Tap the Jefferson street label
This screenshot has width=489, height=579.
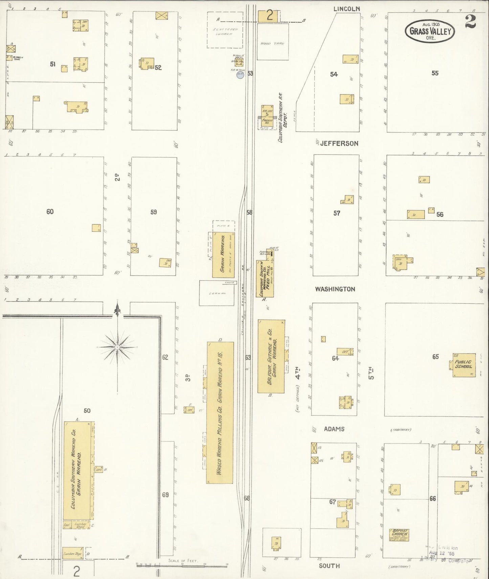click(x=339, y=144)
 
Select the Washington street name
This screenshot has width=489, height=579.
click(x=335, y=289)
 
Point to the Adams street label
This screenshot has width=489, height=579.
click(x=334, y=429)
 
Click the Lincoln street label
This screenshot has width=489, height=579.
click(x=347, y=9)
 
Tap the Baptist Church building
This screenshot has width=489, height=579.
click(x=399, y=535)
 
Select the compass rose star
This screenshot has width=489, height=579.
click(x=117, y=347)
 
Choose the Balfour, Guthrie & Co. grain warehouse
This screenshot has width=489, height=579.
click(x=271, y=356)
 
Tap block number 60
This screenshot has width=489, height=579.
click(x=50, y=212)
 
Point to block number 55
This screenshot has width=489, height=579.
click(x=435, y=73)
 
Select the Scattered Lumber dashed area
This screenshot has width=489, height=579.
click(x=225, y=32)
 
